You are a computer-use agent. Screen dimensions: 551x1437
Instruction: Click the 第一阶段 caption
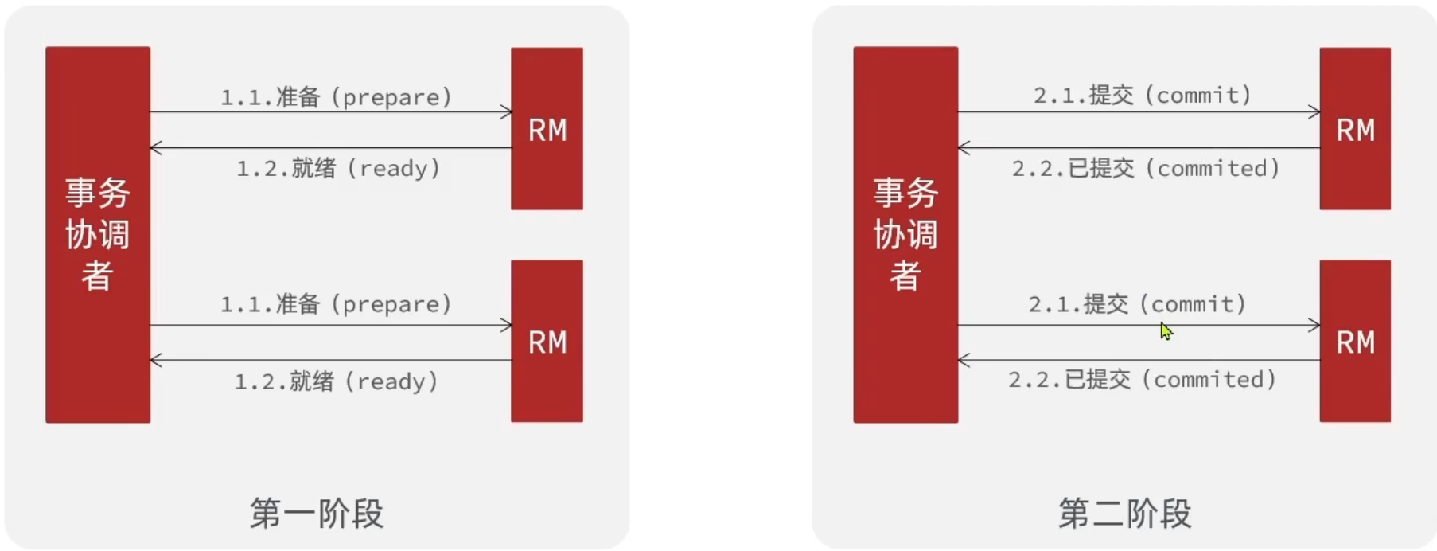317,514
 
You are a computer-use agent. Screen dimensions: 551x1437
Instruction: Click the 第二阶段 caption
1124,514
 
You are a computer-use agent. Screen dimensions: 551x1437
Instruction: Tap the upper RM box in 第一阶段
547,129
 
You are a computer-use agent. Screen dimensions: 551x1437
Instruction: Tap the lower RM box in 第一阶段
547,341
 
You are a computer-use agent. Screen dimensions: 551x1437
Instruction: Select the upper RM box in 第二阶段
1355,129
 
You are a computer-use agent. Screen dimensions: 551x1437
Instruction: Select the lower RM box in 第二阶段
1355,341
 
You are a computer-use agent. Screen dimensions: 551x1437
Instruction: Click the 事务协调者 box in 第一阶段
98,234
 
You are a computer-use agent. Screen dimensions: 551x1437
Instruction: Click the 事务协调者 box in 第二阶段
905,234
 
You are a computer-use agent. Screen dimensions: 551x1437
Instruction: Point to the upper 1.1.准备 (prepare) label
336,97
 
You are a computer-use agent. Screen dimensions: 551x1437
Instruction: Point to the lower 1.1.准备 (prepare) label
336,304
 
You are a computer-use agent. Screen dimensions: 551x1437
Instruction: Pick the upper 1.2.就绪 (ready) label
338,168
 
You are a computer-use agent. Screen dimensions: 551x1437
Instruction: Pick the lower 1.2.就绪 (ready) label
336,381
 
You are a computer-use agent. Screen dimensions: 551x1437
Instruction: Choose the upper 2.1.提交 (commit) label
1143,96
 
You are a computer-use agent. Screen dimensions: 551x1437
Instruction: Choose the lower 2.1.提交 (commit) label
1137,304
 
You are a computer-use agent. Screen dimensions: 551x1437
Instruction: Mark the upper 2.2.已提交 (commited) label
1146,168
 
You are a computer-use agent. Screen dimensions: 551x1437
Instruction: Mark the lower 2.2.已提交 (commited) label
1143,380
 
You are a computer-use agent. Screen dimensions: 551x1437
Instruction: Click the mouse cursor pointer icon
1166,330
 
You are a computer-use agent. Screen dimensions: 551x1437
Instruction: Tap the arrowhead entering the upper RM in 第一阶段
507,112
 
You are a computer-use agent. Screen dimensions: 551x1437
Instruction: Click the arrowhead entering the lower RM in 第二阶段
1314,325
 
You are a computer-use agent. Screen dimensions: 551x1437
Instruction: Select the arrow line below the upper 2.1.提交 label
1138,112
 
